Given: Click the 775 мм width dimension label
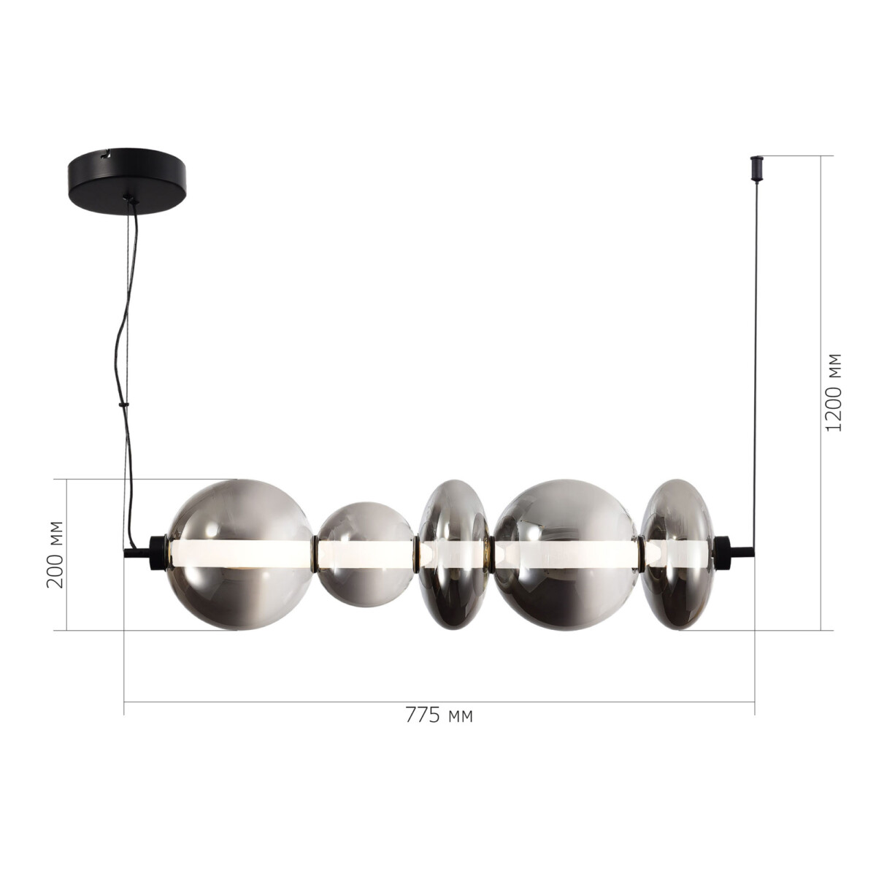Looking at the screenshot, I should click(439, 716).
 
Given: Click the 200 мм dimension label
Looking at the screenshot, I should click(55, 554).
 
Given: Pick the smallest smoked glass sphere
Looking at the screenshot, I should click(365, 555).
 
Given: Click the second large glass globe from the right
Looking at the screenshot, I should click(566, 555).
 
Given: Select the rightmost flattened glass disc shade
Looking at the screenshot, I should click(675, 555).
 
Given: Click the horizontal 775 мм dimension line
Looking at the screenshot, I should click(292, 702).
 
